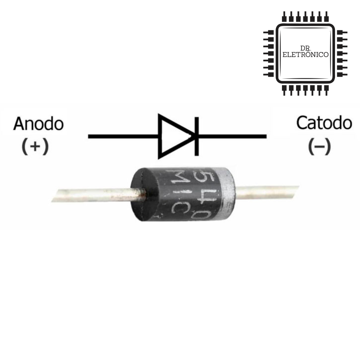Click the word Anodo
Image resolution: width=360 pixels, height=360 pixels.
38,124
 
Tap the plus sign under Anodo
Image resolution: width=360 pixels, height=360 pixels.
35,147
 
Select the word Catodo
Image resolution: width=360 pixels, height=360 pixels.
324,123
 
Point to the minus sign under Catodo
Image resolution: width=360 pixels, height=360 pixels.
319,147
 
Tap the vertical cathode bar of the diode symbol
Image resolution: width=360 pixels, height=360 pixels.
196,136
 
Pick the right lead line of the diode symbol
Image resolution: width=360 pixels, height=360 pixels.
233,136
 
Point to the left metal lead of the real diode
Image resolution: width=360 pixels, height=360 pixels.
97,195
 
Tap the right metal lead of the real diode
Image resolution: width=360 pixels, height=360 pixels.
267,192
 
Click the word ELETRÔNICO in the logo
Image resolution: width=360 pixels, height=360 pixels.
305,55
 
